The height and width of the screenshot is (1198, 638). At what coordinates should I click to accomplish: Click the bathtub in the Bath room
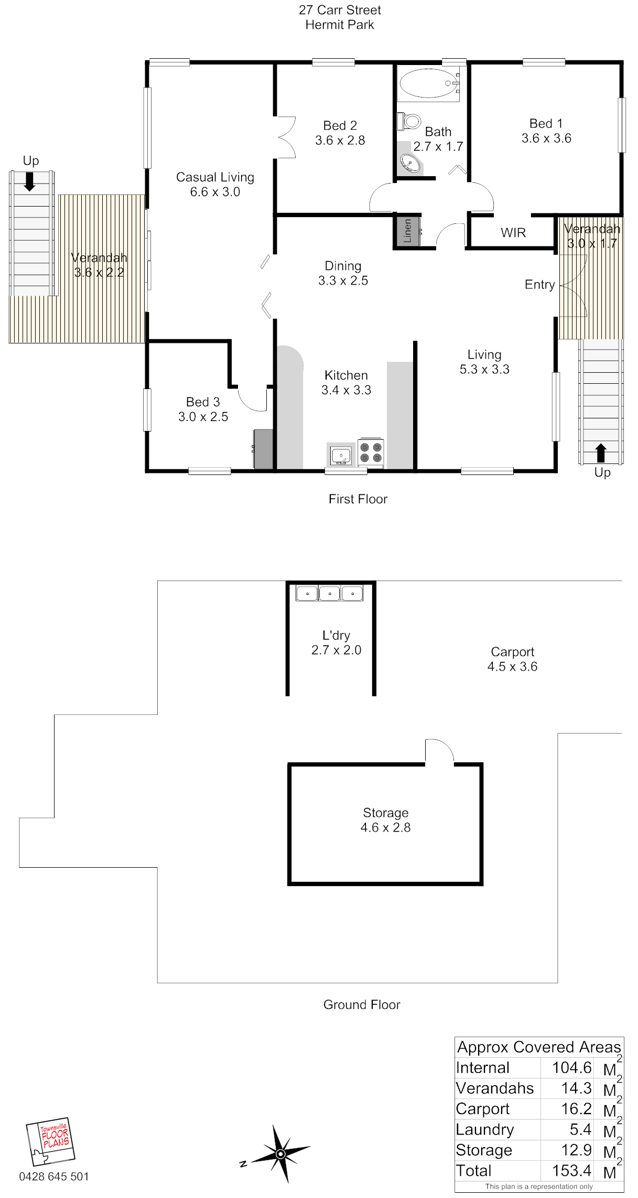[428, 83]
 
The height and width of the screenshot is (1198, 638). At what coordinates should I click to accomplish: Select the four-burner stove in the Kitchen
[371, 452]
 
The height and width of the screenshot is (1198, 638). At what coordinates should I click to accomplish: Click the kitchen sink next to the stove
[341, 455]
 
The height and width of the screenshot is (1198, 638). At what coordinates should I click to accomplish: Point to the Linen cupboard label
[407, 231]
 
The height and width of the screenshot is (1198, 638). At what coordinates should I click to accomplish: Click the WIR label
[513, 233]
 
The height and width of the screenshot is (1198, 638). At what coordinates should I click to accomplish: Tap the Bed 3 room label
[203, 402]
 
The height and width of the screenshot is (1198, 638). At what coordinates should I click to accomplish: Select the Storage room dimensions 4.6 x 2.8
[385, 827]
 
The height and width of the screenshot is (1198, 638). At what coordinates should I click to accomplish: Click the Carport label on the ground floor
[512, 652]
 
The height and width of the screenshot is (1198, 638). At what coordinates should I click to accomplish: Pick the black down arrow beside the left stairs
[30, 181]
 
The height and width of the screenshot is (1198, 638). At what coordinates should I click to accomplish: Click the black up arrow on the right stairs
[601, 453]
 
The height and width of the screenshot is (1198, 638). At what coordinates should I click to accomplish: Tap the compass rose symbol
[280, 1153]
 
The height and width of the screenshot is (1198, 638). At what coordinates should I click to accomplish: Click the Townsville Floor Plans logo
[50, 1141]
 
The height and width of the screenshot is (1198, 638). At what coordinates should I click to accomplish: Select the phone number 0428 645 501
[54, 1177]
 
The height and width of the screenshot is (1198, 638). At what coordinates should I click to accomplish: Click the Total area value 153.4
[571, 1170]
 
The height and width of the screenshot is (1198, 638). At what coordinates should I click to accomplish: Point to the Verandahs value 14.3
[576, 1088]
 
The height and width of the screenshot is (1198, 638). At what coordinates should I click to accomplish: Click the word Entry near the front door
[539, 285]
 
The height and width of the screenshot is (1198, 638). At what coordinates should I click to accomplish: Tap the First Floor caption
[358, 499]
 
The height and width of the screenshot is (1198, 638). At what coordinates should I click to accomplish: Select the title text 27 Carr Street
[340, 10]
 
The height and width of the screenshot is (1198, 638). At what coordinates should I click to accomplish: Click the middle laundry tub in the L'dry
[329, 593]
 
